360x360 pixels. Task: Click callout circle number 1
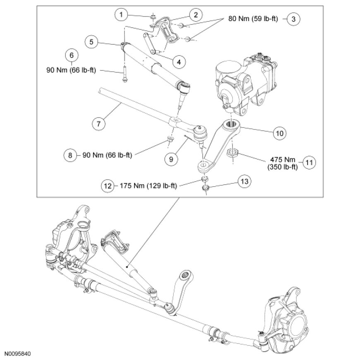point(121,15)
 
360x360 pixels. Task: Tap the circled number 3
point(293,19)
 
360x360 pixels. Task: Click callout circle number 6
point(71,55)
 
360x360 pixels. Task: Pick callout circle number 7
point(98,123)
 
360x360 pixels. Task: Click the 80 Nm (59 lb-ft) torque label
point(253,19)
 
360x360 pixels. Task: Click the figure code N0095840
point(18,354)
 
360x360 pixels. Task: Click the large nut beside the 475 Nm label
point(233,154)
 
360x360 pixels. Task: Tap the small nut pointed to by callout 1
point(153,17)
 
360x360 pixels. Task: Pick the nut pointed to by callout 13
point(205,189)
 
